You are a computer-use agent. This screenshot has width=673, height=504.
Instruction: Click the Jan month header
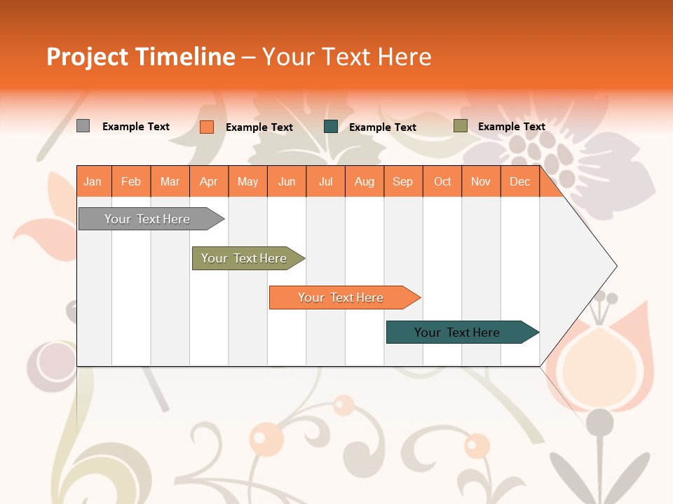coord(93,181)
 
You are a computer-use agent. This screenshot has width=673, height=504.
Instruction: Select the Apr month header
coord(208,181)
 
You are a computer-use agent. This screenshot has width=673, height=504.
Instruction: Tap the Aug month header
coord(364,181)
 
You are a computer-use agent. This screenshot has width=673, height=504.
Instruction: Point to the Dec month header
coord(519,181)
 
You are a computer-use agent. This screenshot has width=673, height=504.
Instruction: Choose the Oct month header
coord(442,181)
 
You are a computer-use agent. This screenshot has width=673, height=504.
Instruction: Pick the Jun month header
coord(286,181)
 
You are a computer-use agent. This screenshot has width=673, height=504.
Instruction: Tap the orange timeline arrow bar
coord(341,297)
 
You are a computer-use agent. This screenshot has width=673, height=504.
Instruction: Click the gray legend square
coord(83,126)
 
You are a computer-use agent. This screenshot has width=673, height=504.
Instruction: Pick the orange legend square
coord(206,127)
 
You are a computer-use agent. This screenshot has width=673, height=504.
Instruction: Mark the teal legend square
coord(331,127)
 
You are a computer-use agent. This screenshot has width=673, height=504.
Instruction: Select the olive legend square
coord(460,126)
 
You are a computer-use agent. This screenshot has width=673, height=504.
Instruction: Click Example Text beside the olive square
coord(511,127)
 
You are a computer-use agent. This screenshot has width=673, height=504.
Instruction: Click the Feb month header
coord(130,181)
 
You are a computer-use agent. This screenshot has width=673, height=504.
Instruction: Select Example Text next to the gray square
coord(135,127)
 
